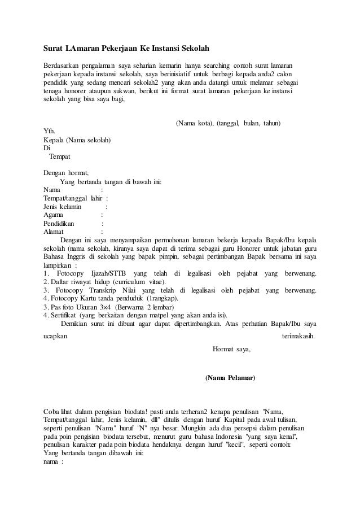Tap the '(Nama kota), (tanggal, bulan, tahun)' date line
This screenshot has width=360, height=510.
click(229, 123)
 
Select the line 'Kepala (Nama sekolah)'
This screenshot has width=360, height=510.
click(77, 140)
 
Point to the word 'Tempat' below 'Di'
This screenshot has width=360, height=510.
click(60, 156)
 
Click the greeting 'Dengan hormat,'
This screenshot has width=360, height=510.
click(66, 173)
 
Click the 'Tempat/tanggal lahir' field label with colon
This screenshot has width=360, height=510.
click(74, 198)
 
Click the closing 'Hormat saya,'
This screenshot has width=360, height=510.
click(231, 349)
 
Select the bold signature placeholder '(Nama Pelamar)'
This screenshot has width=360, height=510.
click(230, 377)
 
